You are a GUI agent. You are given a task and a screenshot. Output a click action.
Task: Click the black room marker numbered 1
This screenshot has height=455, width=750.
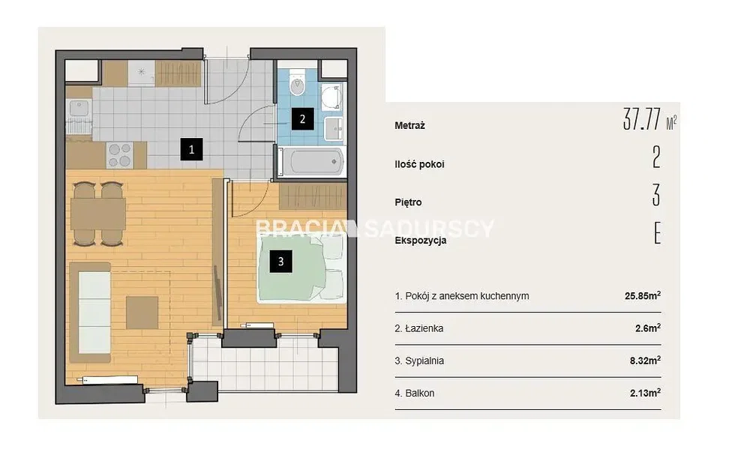coord(191,149)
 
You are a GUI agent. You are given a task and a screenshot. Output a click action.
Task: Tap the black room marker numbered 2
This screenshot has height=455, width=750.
coord(302,119)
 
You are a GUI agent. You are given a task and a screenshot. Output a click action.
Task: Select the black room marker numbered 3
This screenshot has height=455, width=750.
coord(280,262)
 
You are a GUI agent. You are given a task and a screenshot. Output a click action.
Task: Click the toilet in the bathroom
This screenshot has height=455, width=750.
coord(298,84)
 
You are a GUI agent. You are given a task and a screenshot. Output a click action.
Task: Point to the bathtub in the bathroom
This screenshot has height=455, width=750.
coord(311,162)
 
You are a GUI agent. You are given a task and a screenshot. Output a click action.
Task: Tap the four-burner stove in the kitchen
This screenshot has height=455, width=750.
coord(119,155)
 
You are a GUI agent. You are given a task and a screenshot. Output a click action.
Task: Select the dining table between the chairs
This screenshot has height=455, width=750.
coord(98,214)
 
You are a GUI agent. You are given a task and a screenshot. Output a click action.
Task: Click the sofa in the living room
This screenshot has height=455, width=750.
coord(91,312)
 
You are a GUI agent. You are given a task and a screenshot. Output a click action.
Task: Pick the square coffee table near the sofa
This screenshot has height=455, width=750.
coord(142,313)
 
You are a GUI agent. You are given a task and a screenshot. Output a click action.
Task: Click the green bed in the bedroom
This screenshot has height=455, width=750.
coord(301,269)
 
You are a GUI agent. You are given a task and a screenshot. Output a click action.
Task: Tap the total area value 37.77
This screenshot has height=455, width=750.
coord(642,119)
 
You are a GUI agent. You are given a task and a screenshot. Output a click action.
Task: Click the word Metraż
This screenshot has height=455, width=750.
coord(410,126)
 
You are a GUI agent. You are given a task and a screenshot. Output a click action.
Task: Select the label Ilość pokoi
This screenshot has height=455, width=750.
coord(419,164)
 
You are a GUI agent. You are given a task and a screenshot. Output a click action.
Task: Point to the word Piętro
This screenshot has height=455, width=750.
coord(408,202)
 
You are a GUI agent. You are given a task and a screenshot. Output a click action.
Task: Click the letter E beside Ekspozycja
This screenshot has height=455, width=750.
coord(657,233)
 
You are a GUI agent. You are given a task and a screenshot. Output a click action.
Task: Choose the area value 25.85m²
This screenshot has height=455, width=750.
coord(643,295)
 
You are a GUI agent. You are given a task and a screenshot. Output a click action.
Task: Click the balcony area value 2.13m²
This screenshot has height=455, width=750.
coord(645,393)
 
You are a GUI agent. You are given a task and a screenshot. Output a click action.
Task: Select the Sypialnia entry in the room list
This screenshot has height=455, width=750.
coord(419,361)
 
